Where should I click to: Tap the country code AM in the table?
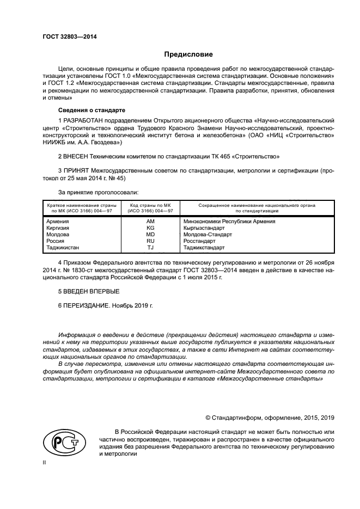tap(150, 222)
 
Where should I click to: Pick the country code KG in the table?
tap(150, 228)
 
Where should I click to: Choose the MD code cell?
tap(150, 235)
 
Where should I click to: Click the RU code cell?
tap(150, 241)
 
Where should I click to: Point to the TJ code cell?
tap(150, 247)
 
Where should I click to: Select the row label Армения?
tap(58, 222)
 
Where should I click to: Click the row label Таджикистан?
tap(63, 247)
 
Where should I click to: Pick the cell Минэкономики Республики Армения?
tap(229, 222)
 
